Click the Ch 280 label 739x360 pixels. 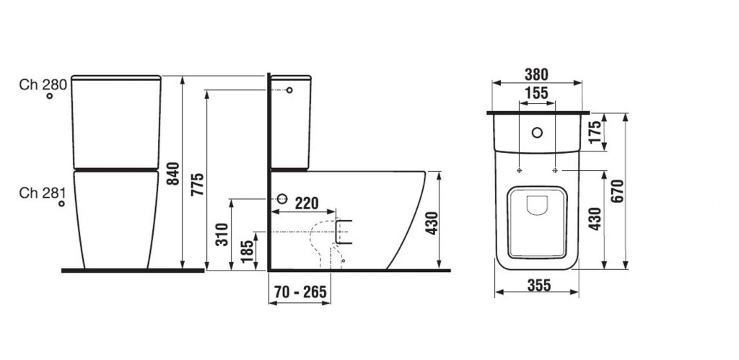tap(43, 84)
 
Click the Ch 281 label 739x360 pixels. tap(42, 193)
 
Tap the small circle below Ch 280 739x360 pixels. tap(50, 96)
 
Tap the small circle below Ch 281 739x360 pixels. tap(61, 203)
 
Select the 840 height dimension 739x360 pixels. tap(173, 173)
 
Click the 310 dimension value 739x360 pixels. tap(222, 234)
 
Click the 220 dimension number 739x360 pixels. tap(307, 203)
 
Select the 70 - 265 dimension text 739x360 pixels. tap(301, 292)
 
